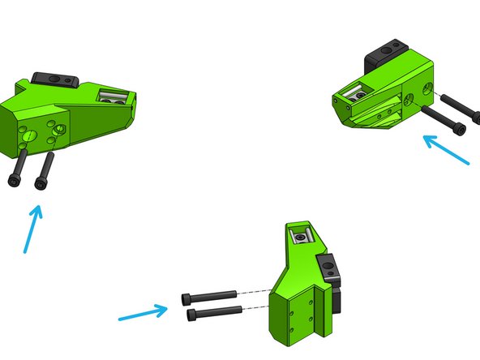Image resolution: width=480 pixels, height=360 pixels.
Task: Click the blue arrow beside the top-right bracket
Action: (445, 150)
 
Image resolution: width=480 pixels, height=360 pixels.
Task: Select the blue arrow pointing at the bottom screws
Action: (143, 313)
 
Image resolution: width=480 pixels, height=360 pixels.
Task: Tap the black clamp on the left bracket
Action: (54, 79)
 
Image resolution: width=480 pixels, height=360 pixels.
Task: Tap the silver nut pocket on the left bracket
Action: (111, 97)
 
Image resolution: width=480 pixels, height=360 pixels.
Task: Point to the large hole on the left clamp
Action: (53, 79)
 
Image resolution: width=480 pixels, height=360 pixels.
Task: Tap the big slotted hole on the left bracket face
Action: (32, 135)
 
